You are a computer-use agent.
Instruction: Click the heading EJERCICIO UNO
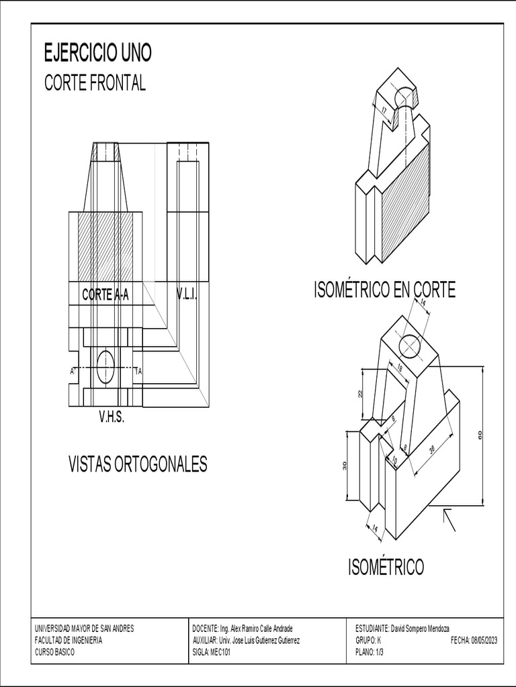[97, 52]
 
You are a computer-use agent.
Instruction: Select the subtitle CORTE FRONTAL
[95, 83]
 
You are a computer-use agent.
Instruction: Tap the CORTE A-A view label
[105, 295]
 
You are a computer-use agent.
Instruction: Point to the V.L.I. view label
[187, 295]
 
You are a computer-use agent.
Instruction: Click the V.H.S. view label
[112, 417]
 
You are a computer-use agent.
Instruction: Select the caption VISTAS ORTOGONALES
[138, 464]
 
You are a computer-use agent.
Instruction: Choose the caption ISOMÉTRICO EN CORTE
[384, 290]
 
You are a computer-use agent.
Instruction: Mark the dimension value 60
[480, 435]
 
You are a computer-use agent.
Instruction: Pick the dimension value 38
[431, 452]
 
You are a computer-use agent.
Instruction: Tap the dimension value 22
[360, 394]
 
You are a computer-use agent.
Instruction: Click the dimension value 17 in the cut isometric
[384, 110]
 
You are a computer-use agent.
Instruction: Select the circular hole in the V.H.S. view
[106, 367]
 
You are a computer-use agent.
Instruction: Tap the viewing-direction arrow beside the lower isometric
[448, 519]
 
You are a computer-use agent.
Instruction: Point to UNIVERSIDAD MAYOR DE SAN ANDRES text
[84, 629]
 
